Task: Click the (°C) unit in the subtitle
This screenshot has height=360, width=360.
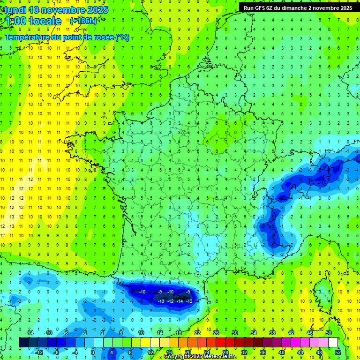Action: tap(122, 37)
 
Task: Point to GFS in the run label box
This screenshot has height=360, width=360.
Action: tap(262, 8)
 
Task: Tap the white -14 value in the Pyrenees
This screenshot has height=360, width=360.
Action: tap(180, 301)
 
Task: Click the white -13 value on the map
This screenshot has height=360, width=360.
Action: tap(160, 301)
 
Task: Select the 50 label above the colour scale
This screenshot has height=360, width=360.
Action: tap(329, 333)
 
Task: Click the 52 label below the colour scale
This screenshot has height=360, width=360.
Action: tap(338, 352)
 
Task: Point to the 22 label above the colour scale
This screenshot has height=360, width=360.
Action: tap(197, 333)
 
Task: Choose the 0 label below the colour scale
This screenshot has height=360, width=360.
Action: tap(93, 352)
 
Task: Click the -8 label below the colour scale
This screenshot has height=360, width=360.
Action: tap(56, 352)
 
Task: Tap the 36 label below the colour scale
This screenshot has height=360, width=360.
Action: tap(262, 352)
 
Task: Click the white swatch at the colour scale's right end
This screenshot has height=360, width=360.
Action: tap(333, 343)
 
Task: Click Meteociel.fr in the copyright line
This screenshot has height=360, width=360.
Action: tap(220, 357)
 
